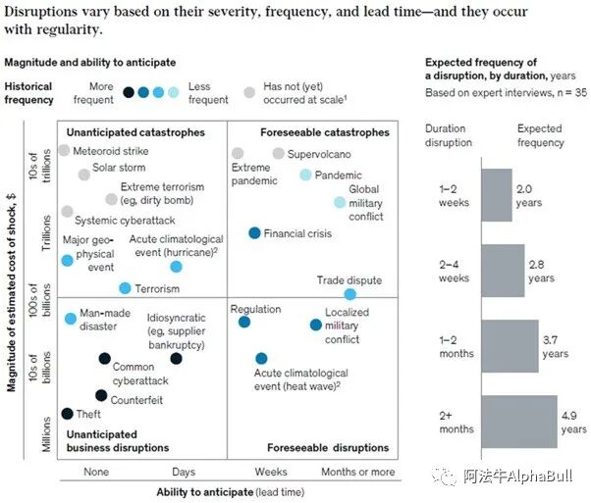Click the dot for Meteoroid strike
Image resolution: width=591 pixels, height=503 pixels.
coord(65,150)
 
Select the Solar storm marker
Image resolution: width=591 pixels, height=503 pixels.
coord(84,175)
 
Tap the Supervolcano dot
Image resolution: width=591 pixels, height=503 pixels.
coord(279,153)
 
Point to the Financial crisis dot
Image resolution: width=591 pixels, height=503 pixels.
coord(254,233)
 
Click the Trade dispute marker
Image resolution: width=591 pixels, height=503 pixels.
coord(349,294)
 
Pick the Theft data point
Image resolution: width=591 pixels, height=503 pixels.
coord(67,414)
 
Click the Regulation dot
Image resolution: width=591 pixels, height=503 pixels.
coord(244,322)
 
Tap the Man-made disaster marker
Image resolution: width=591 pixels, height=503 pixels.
coord(70,319)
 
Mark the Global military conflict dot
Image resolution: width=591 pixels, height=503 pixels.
coord(340,202)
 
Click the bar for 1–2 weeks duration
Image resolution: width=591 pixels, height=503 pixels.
coord(498,195)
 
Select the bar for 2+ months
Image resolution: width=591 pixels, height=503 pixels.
coord(520,422)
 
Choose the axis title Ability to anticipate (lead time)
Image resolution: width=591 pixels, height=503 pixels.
coord(229,491)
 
